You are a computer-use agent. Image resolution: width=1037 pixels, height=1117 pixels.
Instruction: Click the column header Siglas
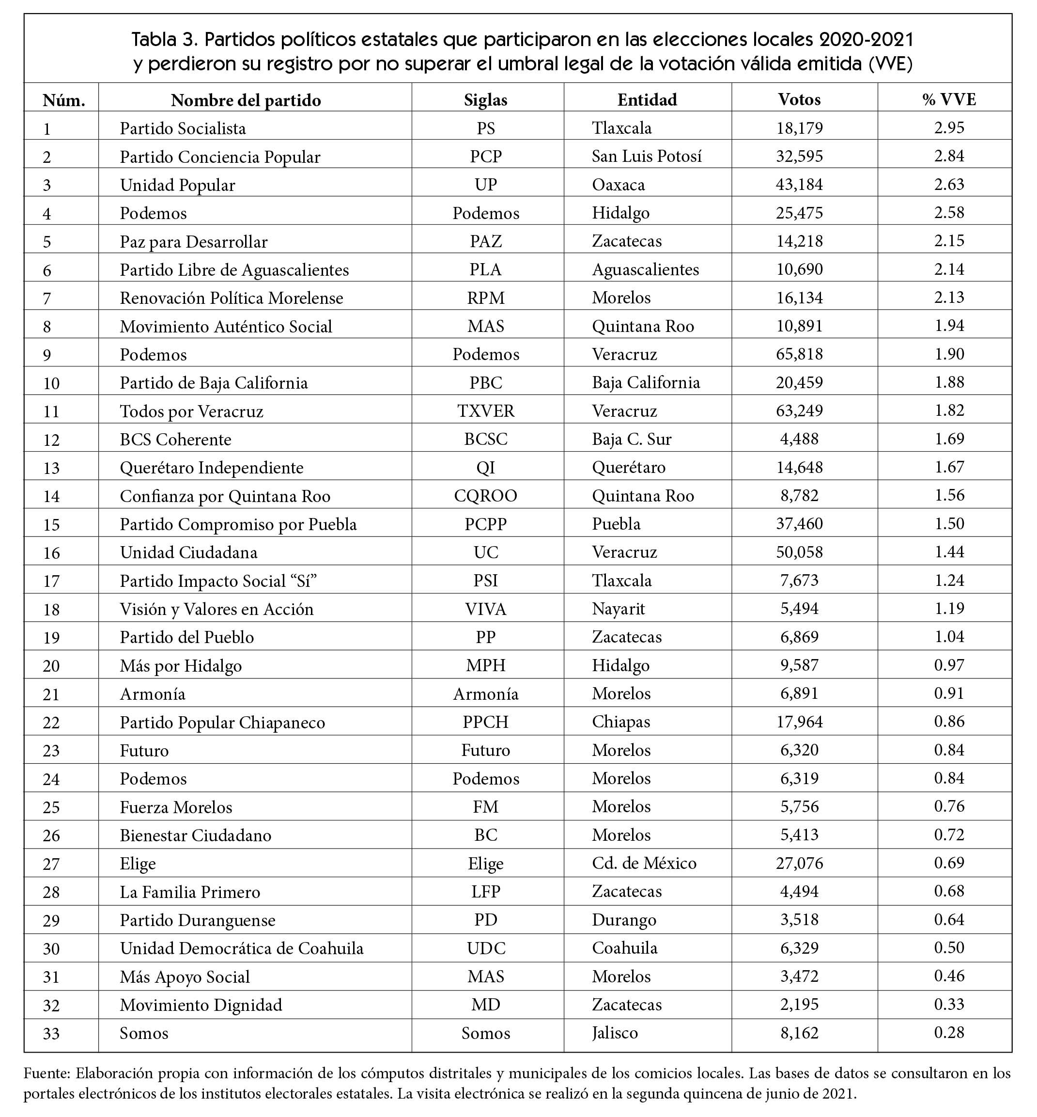click(485, 100)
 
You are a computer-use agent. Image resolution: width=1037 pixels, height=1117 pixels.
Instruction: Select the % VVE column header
click(949, 99)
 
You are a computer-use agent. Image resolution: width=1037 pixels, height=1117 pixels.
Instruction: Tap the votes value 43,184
click(799, 184)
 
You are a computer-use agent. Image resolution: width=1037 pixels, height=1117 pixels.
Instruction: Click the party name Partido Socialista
click(183, 128)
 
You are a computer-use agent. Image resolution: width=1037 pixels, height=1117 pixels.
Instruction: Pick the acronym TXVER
click(485, 411)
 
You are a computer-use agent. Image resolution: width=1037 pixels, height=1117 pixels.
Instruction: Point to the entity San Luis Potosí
click(647, 156)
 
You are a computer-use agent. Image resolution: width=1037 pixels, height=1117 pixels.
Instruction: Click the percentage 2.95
click(949, 127)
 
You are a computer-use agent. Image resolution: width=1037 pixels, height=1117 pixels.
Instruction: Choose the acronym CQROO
click(485, 496)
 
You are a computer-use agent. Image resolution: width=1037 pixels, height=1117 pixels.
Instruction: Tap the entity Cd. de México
click(644, 863)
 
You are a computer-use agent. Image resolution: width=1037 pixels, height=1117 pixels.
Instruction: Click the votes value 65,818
click(799, 354)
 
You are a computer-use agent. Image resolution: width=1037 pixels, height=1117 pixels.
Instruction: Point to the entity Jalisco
click(615, 1033)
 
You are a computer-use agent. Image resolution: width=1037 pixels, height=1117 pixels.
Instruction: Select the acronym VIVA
click(485, 609)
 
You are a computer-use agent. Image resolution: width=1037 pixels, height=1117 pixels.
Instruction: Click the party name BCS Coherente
click(175, 439)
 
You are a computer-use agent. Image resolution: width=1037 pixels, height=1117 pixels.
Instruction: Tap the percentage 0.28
click(949, 1032)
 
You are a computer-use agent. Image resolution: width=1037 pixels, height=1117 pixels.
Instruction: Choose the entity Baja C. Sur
click(631, 439)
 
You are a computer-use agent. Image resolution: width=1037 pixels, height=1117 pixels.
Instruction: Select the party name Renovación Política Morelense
click(231, 298)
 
